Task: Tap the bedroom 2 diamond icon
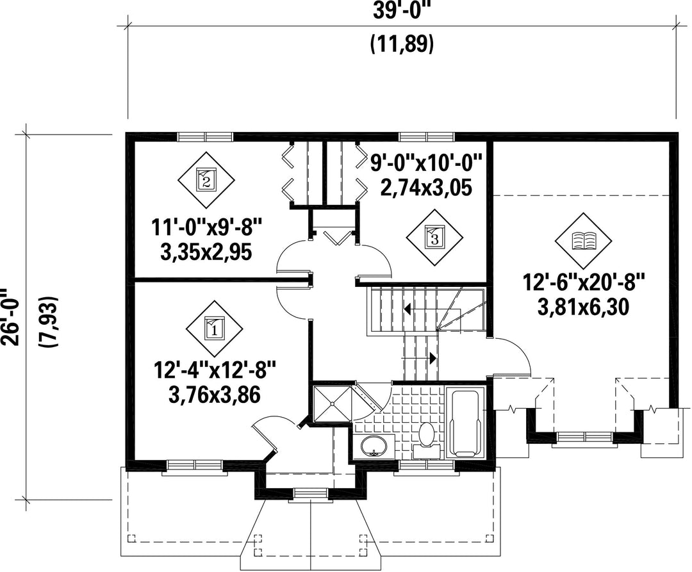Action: pos(206,180)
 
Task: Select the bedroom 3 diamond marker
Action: pos(434,238)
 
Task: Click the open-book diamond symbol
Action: pos(584,241)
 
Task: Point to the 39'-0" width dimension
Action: pos(402,11)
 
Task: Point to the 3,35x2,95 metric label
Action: pos(206,252)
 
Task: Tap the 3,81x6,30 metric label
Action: pos(582,307)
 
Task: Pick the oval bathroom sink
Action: pos(374,446)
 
